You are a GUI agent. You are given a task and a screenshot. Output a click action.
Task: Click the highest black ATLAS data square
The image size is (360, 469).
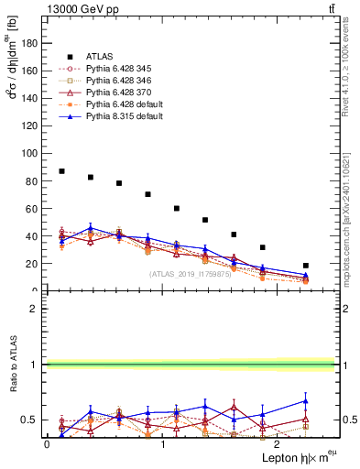coord(61,171)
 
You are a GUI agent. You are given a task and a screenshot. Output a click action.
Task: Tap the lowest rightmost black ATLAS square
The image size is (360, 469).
coord(306,266)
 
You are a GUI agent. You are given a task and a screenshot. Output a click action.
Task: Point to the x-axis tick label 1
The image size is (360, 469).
coord(163,443)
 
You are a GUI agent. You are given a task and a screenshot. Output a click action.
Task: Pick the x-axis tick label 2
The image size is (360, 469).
coord(279,443)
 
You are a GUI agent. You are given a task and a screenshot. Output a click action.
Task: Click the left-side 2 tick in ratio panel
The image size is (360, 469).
coord(34,309)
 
